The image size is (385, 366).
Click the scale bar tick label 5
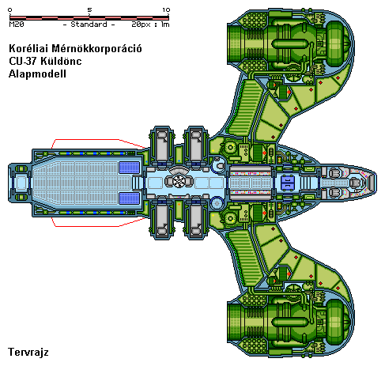coord(89,10)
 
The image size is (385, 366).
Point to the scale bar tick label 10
coord(166,10)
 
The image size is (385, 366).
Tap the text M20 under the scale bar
coord(17,25)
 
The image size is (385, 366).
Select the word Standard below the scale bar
coord(89,25)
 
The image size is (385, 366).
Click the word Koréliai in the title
coord(28,48)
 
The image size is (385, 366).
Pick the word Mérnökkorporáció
coord(96,48)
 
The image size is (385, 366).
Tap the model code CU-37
coord(23,61)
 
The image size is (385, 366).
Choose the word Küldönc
coord(61,61)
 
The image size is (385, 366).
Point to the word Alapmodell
coord(37,74)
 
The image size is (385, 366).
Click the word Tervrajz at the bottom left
coord(28,352)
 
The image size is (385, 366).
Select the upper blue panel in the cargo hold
coord(129,168)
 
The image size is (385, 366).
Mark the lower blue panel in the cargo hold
coord(129,198)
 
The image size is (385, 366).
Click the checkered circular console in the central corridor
coord(179,181)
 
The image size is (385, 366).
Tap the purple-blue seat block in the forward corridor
coord(287,183)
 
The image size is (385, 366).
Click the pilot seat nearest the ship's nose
coord(356,183)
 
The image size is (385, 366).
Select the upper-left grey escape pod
coord(162,145)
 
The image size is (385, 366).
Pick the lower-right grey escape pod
coord(196,220)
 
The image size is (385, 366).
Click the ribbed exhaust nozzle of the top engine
coord(237,44)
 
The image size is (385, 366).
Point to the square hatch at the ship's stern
coord(21,183)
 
